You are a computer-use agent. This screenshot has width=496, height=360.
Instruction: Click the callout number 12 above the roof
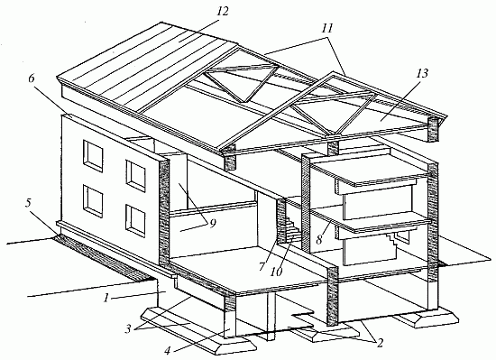tap(223, 12)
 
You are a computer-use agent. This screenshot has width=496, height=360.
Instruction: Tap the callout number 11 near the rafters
tap(327, 29)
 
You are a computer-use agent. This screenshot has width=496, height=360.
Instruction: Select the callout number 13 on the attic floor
tap(422, 73)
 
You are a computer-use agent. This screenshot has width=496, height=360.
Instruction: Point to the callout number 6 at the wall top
tap(32, 78)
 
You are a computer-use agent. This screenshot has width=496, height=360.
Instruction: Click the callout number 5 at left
tap(29, 203)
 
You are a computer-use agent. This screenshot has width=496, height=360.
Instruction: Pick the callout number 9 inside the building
tap(212, 224)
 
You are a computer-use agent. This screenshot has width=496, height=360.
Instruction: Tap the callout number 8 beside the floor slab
tap(318, 240)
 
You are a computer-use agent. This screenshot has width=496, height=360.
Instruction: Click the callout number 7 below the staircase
tap(262, 266)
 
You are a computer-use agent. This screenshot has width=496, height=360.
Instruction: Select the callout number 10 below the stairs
tap(276, 272)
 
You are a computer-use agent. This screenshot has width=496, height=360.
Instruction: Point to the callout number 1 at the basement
tap(106, 298)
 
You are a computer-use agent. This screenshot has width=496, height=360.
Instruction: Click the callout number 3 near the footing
tap(128, 329)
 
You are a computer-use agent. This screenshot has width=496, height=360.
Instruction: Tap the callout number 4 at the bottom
tap(168, 350)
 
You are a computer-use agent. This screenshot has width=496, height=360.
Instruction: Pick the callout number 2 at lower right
tap(379, 343)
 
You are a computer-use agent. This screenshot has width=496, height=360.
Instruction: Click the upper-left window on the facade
tap(93, 157)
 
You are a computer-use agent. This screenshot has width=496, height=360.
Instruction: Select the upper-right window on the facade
tap(135, 177)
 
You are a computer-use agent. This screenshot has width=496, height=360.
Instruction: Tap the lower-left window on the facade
tap(93, 201)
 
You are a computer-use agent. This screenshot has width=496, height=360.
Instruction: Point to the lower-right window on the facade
tap(135, 221)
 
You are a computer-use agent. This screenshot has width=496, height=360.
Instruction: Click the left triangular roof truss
tap(242, 83)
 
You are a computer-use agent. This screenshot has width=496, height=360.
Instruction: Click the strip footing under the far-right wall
tap(425, 317)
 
